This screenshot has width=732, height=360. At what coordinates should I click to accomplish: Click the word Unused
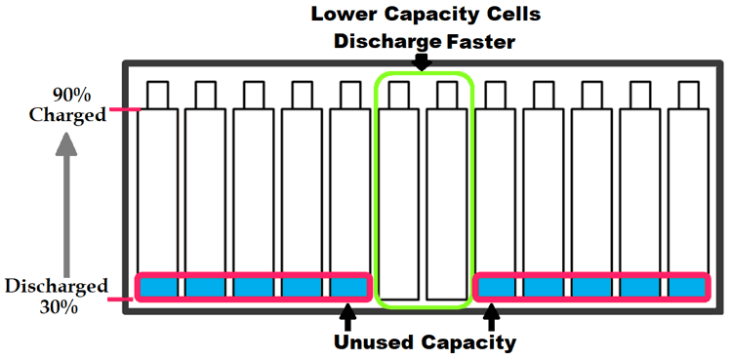[378, 342]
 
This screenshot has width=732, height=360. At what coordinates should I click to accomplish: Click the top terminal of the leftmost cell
[157, 95]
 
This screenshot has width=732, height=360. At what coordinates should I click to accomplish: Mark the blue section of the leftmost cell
[157, 288]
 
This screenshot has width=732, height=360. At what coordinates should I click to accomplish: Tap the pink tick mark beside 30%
[122, 299]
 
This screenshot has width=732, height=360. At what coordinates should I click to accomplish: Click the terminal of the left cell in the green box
[398, 95]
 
